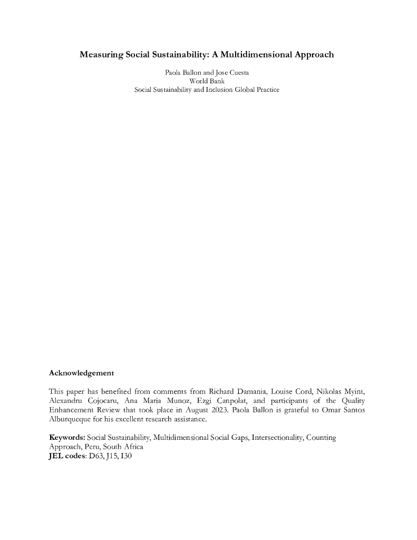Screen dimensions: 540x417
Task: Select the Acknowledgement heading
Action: point(81,373)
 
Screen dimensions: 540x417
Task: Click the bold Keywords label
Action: point(67,438)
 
